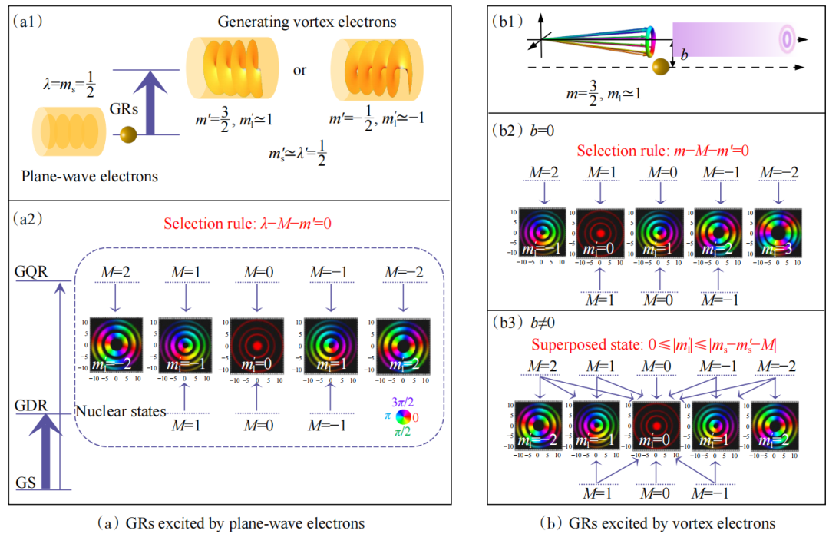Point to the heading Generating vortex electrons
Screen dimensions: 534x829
[307, 22]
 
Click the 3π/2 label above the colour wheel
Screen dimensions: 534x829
[404, 401]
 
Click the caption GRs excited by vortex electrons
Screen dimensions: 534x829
[657, 523]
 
